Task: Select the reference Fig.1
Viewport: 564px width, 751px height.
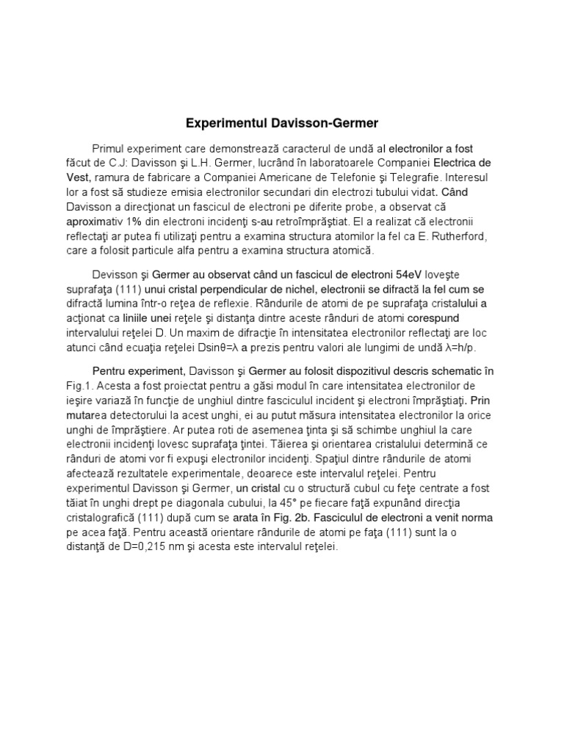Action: (75, 384)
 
